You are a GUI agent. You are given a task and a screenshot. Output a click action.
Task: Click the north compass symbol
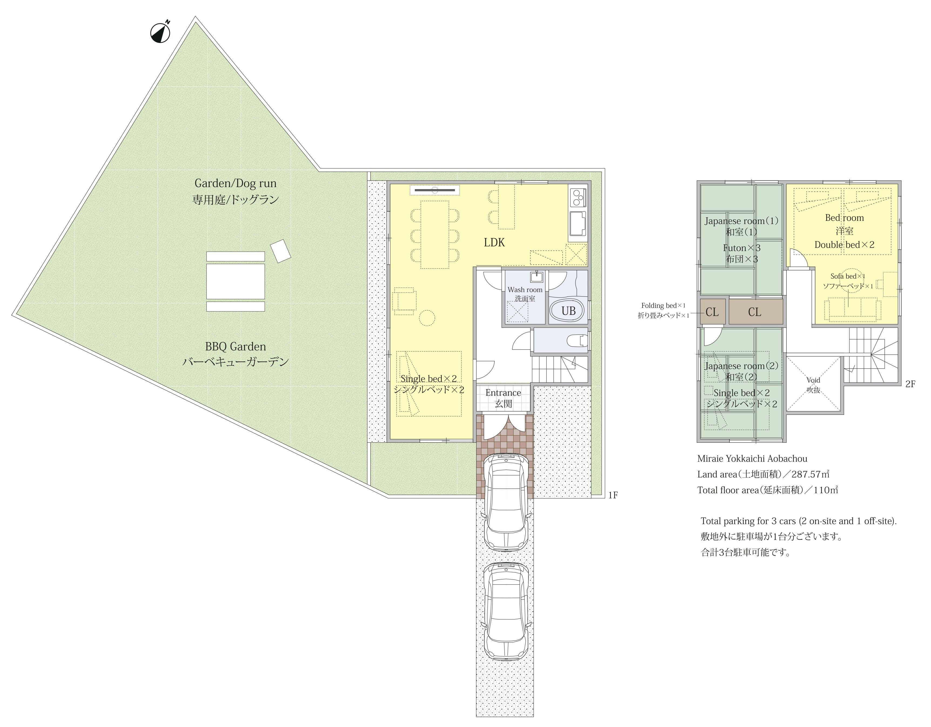click(x=160, y=33)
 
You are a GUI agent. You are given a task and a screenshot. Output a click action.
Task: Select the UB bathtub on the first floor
click(x=568, y=311)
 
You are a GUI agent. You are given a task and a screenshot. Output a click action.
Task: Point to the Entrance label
click(x=503, y=393)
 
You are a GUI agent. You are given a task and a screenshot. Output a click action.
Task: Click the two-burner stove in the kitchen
click(x=578, y=197)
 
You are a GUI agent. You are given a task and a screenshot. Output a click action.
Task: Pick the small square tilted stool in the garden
click(x=281, y=251)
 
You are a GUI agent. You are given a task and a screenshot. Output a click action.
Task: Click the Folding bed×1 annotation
click(x=663, y=305)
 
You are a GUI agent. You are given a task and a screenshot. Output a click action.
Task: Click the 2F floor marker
click(x=910, y=384)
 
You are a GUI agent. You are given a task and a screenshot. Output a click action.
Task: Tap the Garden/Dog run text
click(x=235, y=183)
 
